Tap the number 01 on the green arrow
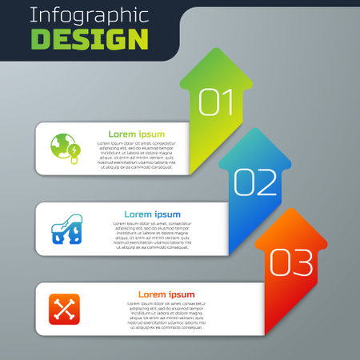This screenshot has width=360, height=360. pyautogui.click(x=216, y=102)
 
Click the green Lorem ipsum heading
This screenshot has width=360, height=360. pyautogui.click(x=137, y=134)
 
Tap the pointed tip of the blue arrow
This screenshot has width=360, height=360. pyautogui.click(x=255, y=129)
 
